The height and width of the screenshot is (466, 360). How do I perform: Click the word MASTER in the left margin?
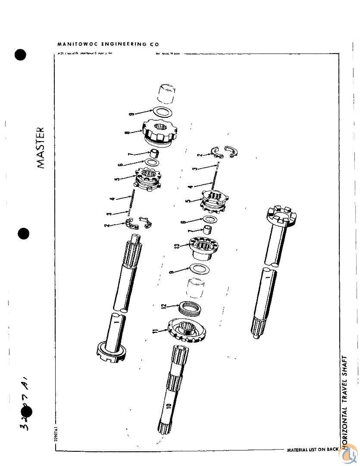(40, 147)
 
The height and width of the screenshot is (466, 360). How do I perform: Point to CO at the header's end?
(154, 44)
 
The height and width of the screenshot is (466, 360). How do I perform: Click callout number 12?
(163, 306)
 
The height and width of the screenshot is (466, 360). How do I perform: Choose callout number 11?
(155, 331)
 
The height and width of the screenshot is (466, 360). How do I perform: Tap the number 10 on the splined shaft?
(169, 406)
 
